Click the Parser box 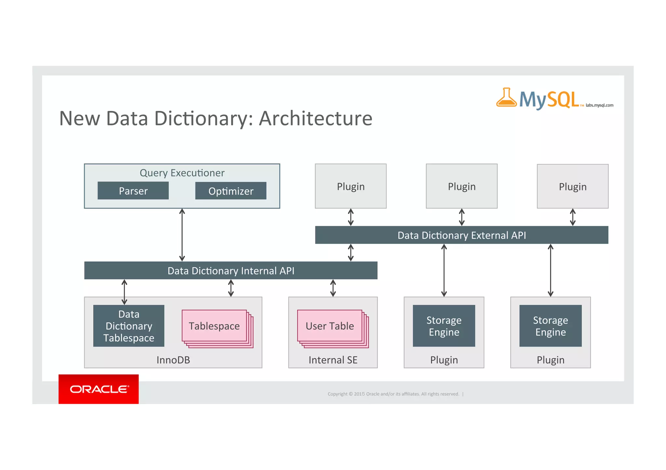[x=133, y=191]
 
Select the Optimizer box [x=231, y=191]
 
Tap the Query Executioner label [x=182, y=173]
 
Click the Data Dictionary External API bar [x=461, y=235]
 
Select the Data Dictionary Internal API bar [x=231, y=271]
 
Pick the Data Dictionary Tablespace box [x=129, y=326]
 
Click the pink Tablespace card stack [x=215, y=326]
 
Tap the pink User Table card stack [x=330, y=326]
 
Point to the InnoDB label [x=173, y=360]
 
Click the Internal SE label [x=333, y=360]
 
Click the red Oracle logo [x=99, y=389]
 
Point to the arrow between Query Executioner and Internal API [x=182, y=235]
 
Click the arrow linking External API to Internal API [x=351, y=253]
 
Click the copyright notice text [x=393, y=394]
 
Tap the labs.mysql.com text [x=599, y=105]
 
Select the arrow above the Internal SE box [x=333, y=288]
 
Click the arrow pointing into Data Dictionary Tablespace [x=124, y=292]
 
